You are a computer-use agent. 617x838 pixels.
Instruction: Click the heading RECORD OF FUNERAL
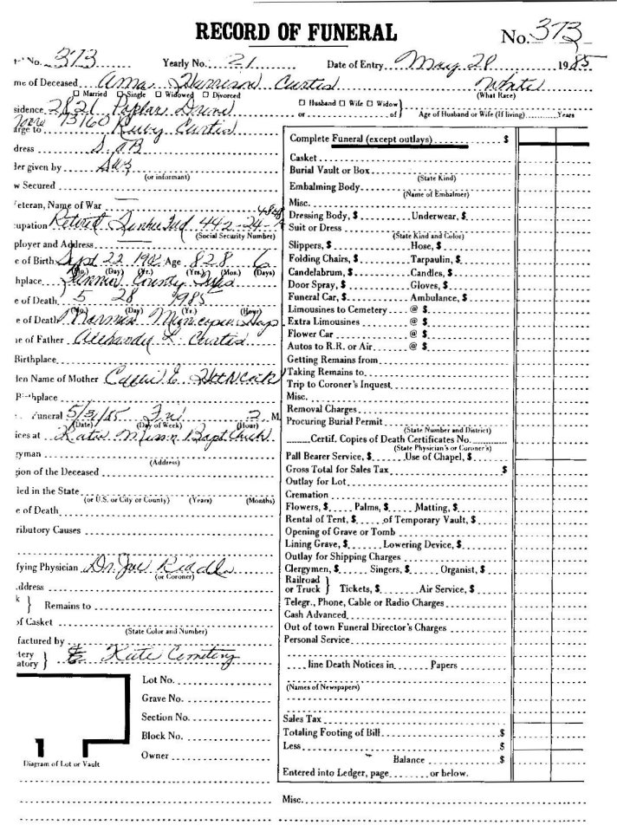click(x=297, y=32)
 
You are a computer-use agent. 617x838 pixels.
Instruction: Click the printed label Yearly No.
click(x=184, y=64)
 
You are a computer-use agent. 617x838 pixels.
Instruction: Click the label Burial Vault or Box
click(x=326, y=172)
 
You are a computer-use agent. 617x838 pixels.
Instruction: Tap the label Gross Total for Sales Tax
click(x=340, y=466)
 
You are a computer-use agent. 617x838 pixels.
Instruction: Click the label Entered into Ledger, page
click(x=345, y=771)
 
